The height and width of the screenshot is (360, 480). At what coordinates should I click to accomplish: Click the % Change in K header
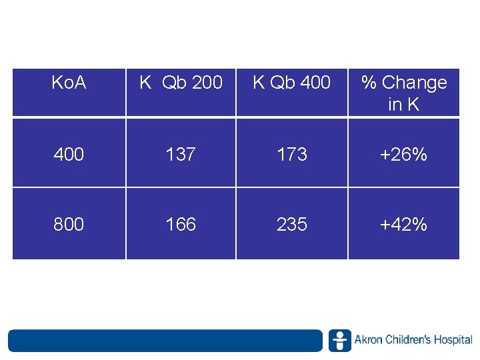click(403, 93)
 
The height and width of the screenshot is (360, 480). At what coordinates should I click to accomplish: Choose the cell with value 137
click(181, 155)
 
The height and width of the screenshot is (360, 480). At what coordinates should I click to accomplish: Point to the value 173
click(291, 155)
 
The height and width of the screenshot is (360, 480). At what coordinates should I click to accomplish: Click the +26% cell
click(403, 155)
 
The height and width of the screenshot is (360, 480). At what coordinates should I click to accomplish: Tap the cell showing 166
click(181, 225)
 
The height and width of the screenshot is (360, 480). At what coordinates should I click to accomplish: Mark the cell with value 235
click(291, 225)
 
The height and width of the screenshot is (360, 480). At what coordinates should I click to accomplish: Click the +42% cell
click(403, 225)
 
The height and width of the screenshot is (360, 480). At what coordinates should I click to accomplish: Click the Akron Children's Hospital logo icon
click(339, 340)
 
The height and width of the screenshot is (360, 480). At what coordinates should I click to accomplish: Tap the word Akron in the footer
click(367, 340)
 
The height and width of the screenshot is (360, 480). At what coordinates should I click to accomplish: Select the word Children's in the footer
click(407, 340)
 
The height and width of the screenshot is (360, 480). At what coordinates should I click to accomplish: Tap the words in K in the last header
click(403, 104)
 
